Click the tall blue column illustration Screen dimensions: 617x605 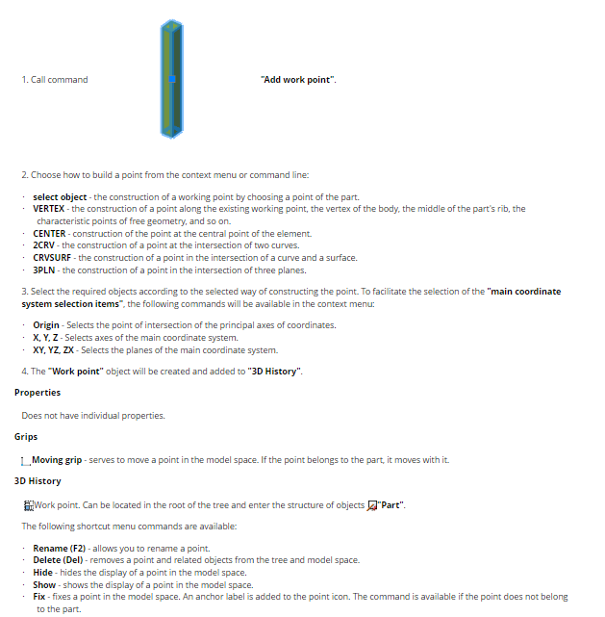(172, 80)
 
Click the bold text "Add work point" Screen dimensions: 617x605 (298, 79)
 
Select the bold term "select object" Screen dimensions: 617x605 (59, 197)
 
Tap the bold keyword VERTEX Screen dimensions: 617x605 (48, 209)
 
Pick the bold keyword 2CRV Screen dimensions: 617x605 (45, 245)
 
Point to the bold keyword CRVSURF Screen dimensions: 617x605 (53, 258)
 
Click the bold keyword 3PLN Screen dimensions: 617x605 (45, 270)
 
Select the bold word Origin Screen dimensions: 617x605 (46, 325)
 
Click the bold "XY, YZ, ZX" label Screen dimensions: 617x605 (54, 350)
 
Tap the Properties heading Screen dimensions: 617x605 (38, 393)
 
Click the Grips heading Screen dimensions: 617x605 (26, 437)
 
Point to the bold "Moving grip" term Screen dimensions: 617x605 (57, 460)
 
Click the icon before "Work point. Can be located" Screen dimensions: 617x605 (27, 505)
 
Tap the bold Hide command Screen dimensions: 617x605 (42, 573)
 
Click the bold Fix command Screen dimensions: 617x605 (39, 597)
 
